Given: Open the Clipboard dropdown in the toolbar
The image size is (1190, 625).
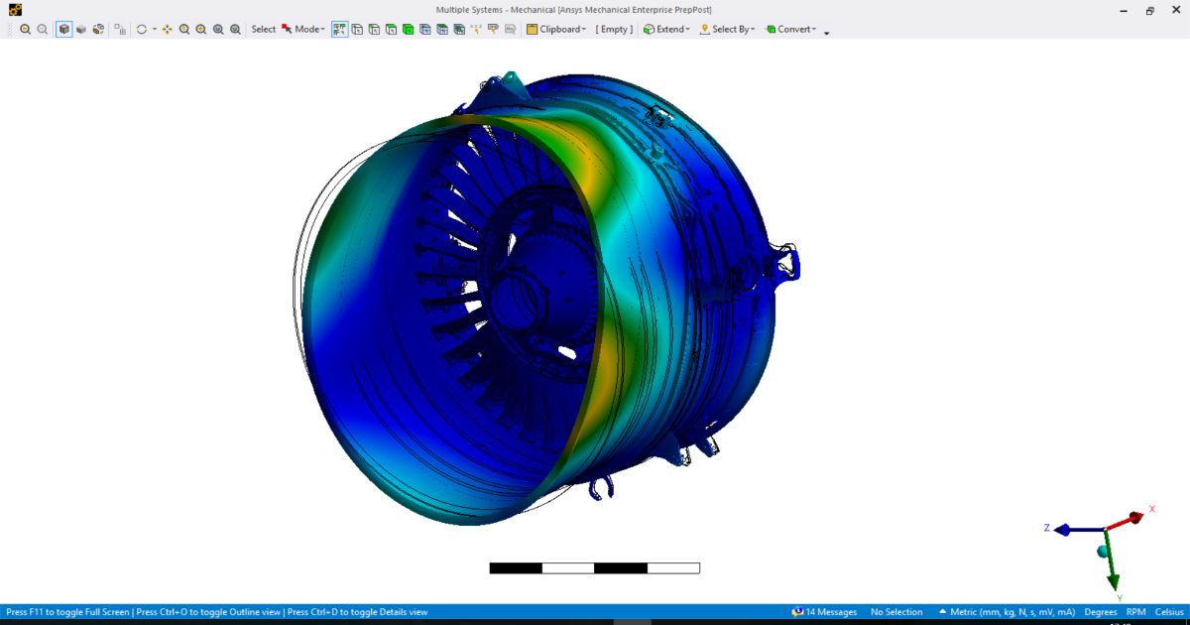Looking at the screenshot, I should (556, 29).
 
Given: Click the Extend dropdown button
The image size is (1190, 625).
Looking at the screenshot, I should (665, 29).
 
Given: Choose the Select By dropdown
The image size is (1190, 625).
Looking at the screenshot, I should (728, 29).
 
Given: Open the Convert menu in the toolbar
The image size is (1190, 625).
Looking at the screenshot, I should (791, 29).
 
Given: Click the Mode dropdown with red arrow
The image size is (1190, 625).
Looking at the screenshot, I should (303, 29).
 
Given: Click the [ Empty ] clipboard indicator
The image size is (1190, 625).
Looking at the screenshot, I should (614, 29).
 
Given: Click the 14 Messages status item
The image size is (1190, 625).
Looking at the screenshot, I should (824, 612).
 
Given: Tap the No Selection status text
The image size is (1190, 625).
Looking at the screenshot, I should (896, 612).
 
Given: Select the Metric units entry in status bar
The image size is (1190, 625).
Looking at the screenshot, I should (1007, 612).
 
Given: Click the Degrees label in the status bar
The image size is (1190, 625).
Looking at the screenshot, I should (1101, 612).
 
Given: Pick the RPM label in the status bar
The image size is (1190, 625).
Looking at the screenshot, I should (1136, 612).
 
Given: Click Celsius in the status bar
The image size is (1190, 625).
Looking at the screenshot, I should (1169, 612).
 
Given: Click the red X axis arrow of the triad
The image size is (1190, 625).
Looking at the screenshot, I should (1133, 518).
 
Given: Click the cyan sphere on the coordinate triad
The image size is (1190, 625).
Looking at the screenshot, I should (1102, 551).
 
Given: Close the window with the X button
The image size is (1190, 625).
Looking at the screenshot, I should (1174, 10).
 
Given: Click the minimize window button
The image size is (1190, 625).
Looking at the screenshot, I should (1123, 10).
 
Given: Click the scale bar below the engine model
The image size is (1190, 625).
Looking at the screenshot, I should (594, 568).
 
